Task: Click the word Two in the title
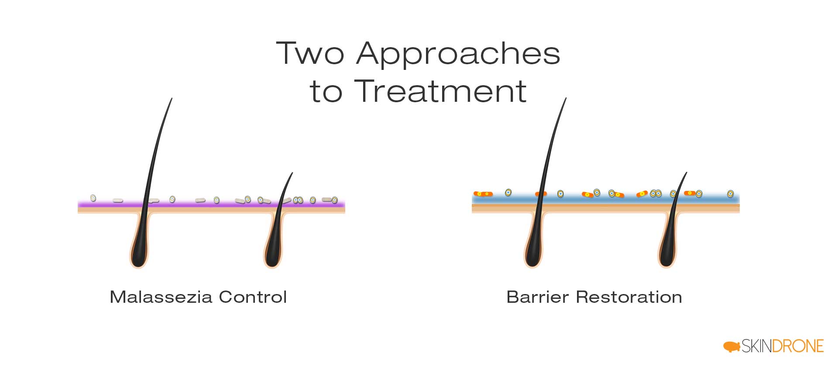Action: coord(310,53)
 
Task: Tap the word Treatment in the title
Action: coord(441,92)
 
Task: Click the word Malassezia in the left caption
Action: coord(161,297)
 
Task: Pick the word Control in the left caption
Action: coord(253,297)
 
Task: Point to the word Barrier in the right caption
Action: coord(537,297)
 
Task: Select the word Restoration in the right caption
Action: coord(629,297)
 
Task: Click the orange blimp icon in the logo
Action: coord(732,346)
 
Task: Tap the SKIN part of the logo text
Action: coord(756,346)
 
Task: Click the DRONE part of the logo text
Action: coord(797,346)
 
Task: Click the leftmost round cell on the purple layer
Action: coord(93,198)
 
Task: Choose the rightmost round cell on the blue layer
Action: coord(730,194)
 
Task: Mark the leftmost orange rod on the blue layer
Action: coord(483,194)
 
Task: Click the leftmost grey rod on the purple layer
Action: coord(118,201)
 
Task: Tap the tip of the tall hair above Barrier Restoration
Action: coord(566,98)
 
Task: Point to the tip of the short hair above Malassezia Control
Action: coord(292,173)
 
